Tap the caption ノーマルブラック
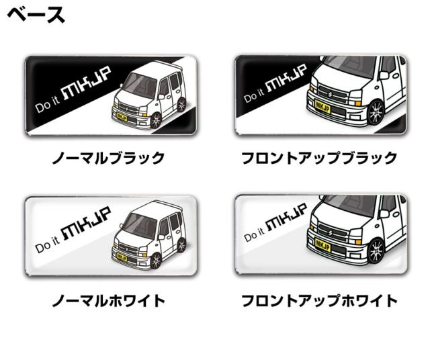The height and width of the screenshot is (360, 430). (x=108, y=159)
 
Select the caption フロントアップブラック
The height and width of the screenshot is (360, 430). (x=319, y=159)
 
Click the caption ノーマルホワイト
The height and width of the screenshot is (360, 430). (x=108, y=300)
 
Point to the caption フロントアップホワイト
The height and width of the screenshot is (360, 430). (x=319, y=300)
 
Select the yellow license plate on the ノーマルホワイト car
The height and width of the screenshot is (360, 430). (x=122, y=257)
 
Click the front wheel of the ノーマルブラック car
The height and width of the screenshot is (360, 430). (x=157, y=120)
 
